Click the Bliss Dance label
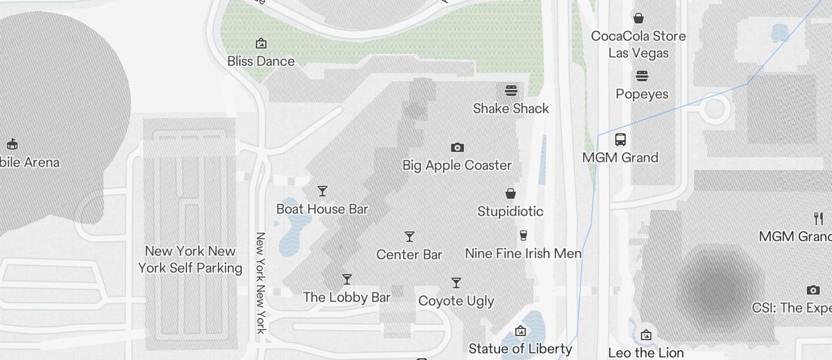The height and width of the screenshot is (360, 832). click(261, 61)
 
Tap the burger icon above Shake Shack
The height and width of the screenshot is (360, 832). click(511, 91)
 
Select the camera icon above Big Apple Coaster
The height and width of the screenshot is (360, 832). click(457, 147)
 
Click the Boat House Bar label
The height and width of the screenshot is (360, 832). click(322, 209)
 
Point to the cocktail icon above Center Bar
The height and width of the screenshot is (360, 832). click(410, 237)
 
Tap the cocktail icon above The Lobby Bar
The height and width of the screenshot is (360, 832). click(347, 279)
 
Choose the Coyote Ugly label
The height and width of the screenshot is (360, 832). click(456, 301)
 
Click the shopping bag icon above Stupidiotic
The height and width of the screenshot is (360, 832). click(511, 193)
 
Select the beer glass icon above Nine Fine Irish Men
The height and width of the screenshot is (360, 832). click(524, 236)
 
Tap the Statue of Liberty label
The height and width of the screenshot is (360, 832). click(520, 349)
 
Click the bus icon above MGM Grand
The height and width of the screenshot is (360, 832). click(620, 140)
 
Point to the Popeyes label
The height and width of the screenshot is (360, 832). click(642, 94)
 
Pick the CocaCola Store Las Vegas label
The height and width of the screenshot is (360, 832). click(639, 44)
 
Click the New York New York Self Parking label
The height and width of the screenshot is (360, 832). click(190, 259)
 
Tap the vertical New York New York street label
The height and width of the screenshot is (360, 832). click(261, 283)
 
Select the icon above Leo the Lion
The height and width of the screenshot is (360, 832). click(646, 335)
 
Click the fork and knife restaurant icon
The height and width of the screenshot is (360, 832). click(819, 219)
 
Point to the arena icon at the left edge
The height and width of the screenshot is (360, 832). click(12, 144)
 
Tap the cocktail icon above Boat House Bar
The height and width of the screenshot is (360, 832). click(322, 191)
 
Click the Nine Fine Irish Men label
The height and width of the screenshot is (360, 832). click(524, 254)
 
